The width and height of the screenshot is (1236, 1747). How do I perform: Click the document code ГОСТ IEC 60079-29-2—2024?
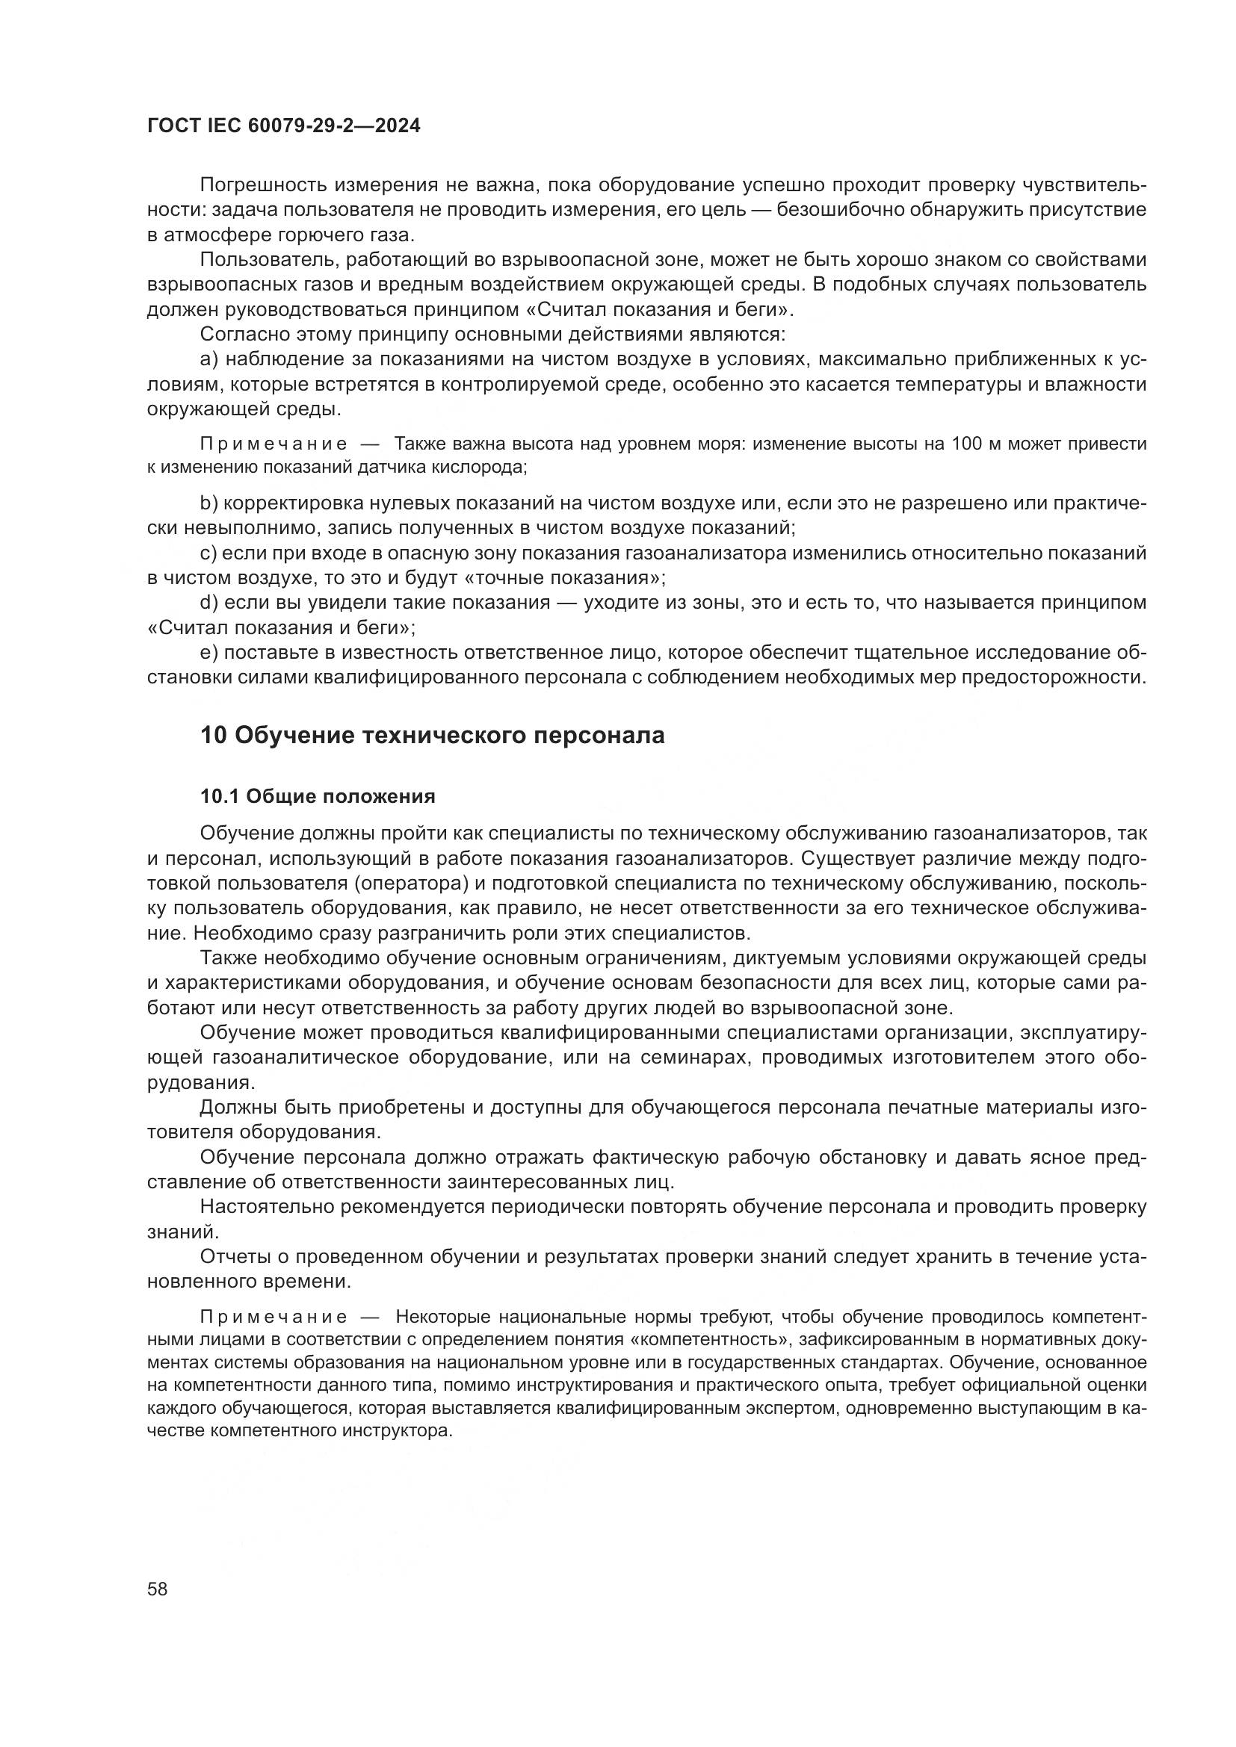pyautogui.click(x=283, y=126)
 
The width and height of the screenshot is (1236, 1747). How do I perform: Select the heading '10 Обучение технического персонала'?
pyautogui.click(x=432, y=735)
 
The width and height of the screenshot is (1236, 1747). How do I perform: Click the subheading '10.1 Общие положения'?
pyautogui.click(x=318, y=796)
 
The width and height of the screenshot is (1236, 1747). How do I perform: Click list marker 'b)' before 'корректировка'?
pyautogui.click(x=209, y=503)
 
